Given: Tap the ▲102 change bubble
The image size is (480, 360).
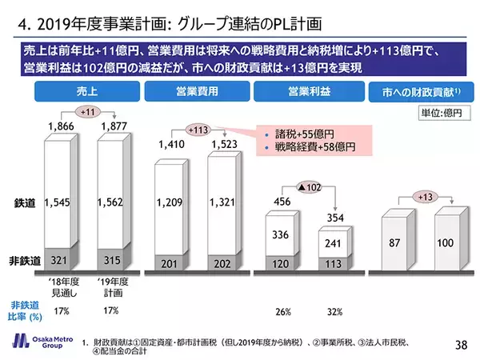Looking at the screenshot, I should pos(310,188).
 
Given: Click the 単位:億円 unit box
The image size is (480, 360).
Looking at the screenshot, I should pos(446,113).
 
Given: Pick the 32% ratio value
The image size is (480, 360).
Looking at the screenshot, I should pos(334,311).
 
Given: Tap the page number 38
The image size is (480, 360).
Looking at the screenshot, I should pos(460,344).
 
